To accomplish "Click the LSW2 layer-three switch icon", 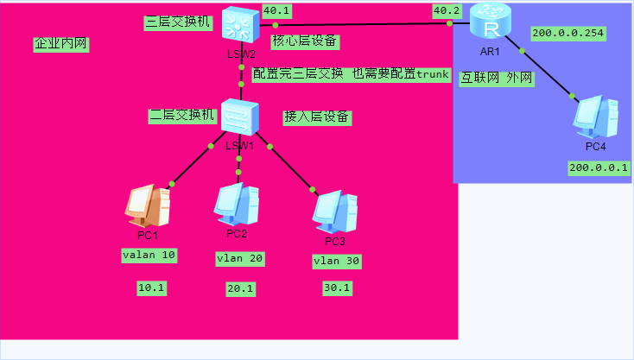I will pos(238,24).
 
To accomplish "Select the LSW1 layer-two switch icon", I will pos(239,116).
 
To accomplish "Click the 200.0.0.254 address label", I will pos(568,34).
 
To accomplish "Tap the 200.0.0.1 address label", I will pos(599,167).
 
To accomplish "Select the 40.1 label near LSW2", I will pos(276,11).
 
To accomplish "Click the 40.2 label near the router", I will pos(446,11).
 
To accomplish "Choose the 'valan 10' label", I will pos(149,255).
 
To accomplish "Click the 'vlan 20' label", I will pos(239,258).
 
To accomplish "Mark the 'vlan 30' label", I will pos(336,261).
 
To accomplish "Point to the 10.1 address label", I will pos(151,287).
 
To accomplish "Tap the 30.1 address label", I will pos(336,287).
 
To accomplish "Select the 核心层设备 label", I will pos(304,41).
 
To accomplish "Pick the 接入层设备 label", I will pos(317,117).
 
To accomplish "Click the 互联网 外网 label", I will pos(496,78).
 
